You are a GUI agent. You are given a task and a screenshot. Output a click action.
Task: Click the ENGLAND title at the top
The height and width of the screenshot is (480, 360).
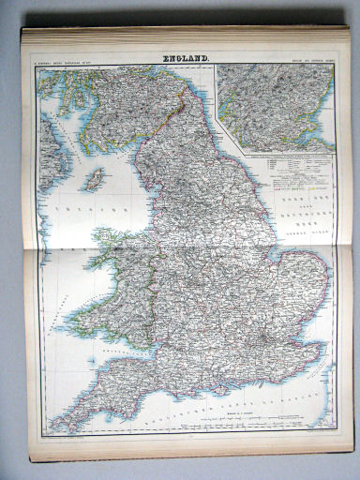coord(187,61)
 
